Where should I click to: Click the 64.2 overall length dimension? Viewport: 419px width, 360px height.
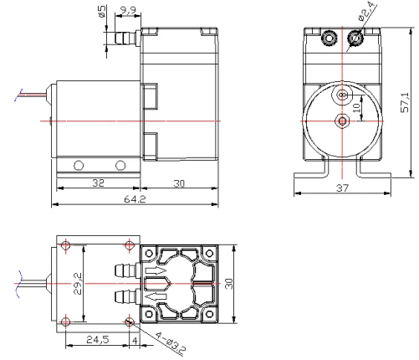click(x=135, y=199)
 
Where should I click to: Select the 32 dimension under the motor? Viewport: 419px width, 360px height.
click(x=98, y=183)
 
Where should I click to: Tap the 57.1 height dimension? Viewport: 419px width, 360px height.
click(x=405, y=102)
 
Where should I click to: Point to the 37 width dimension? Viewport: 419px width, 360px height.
click(x=342, y=188)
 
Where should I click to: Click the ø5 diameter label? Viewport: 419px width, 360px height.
click(x=102, y=11)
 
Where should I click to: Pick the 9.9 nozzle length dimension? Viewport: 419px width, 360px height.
click(x=128, y=10)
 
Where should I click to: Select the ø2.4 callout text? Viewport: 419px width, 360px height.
click(x=368, y=12)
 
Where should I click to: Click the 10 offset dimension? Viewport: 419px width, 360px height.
click(x=357, y=107)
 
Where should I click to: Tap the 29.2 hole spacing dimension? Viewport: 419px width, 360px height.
click(x=78, y=284)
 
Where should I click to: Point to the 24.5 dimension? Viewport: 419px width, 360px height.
click(x=97, y=340)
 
